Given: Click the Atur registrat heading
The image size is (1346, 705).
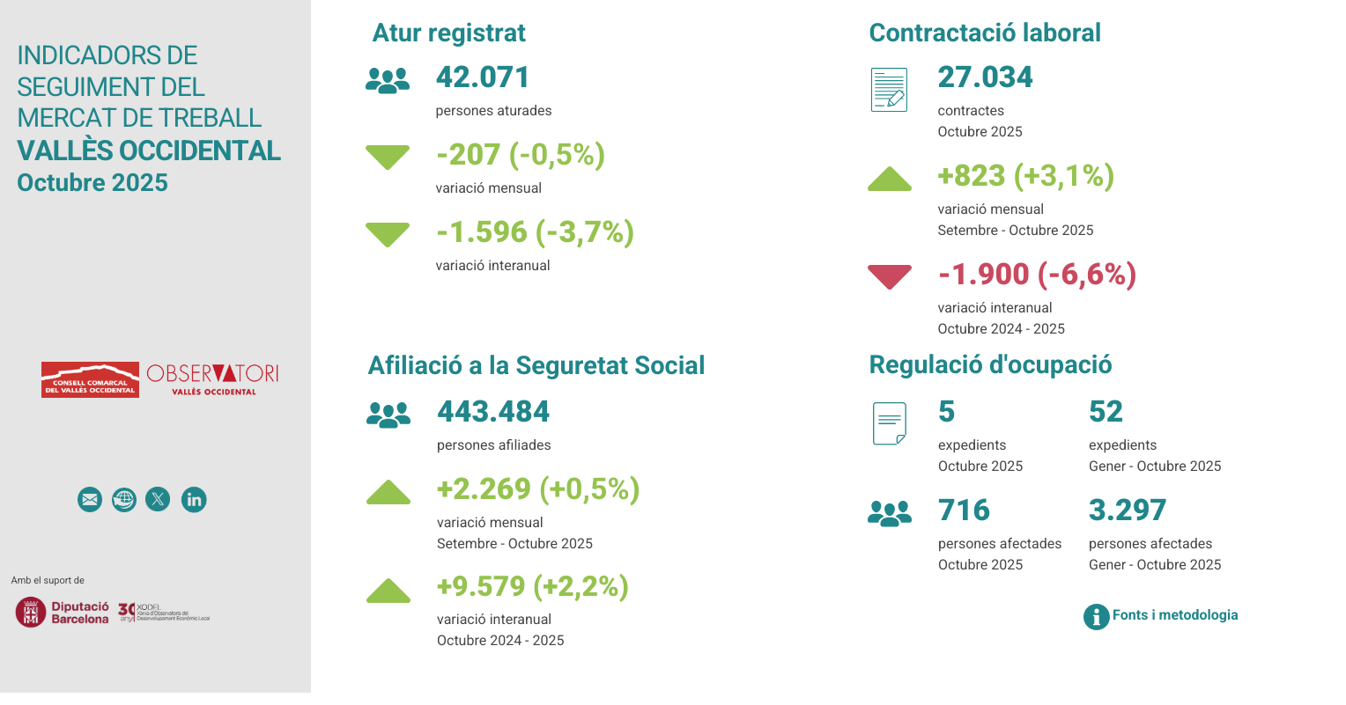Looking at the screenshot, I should click(x=448, y=33).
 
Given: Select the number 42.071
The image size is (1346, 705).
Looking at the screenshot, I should click(x=482, y=77).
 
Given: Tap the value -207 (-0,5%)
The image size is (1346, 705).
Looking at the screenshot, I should click(x=520, y=155).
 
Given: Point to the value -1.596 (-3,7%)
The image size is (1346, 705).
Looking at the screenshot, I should click(x=535, y=232).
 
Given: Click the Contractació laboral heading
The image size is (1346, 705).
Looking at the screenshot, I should click(x=984, y=33).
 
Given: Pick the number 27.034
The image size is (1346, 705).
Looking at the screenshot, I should click(x=985, y=77).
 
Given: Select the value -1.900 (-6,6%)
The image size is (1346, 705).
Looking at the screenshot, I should click(x=1037, y=275).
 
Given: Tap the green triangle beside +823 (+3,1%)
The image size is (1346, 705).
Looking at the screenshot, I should click(x=889, y=179).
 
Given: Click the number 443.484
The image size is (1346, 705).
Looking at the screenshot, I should click(x=493, y=412).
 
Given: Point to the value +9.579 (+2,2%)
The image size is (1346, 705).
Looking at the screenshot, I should click(x=532, y=586).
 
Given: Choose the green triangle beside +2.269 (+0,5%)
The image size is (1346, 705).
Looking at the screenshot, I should click(x=388, y=493).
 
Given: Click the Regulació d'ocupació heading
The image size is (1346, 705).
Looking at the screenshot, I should click(x=990, y=365).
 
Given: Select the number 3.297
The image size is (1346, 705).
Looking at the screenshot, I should click(x=1127, y=510).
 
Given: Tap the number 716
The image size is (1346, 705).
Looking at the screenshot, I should click(x=964, y=510).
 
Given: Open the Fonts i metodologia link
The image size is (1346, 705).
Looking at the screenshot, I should click(x=1173, y=615).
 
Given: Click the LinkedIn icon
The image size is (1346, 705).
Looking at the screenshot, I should click(x=194, y=500).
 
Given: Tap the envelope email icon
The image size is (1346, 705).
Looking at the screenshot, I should click(x=90, y=500).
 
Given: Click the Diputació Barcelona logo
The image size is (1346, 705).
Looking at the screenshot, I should click(x=63, y=612).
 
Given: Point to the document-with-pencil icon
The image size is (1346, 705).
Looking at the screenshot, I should click(x=889, y=90).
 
